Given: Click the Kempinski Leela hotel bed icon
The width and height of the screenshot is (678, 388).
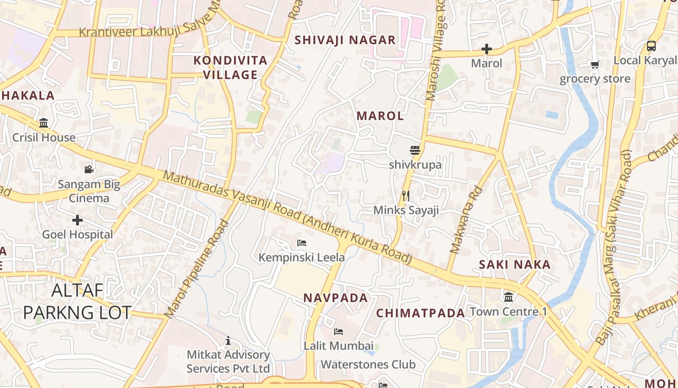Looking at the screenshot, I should [302, 242].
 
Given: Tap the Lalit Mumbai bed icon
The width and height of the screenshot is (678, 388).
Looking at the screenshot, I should [339, 332].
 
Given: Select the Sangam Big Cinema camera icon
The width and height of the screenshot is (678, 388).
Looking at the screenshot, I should [89, 169].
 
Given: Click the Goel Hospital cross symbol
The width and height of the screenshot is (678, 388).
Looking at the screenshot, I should [77, 220].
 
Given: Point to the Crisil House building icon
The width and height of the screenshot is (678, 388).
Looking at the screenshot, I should [44, 123].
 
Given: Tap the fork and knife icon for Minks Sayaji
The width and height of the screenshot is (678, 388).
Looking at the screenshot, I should [406, 195].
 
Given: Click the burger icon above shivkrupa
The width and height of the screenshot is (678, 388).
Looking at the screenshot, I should [415, 150].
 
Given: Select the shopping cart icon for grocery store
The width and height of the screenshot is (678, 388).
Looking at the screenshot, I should [595, 65].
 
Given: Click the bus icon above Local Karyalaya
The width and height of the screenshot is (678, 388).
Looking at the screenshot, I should [651, 46].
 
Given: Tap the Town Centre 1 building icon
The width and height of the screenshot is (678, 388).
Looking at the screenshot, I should [508, 297].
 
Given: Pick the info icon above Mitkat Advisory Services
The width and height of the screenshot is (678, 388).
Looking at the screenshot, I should [228, 341].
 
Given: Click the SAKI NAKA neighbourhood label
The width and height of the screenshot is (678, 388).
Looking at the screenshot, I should [515, 264].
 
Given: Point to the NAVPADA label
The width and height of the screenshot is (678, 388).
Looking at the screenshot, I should [336, 298].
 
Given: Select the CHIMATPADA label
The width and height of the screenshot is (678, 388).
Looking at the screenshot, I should [420, 313].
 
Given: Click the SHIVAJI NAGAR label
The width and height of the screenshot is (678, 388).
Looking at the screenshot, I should [345, 40].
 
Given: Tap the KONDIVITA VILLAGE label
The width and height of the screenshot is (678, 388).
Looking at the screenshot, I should [231, 67].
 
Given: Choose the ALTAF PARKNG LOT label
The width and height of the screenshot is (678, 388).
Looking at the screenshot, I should [77, 301].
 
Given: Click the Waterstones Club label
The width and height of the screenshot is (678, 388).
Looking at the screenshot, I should [368, 364].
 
